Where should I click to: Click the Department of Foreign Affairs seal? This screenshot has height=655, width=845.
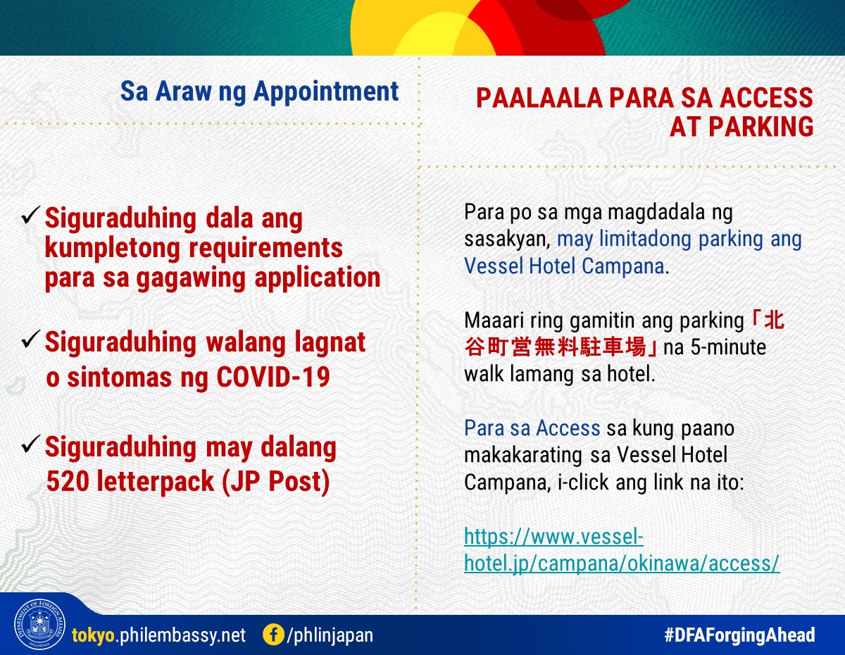39,624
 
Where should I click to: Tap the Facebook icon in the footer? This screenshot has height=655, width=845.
273,635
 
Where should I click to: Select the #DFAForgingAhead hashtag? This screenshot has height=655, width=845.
739,635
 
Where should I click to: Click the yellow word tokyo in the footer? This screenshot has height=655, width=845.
93,635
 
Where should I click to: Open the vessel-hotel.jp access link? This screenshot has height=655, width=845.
622,550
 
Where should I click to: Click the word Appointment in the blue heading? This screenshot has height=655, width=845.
326,92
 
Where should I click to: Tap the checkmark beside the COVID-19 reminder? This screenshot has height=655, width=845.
31,339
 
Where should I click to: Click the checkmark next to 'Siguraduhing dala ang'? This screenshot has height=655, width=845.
31,215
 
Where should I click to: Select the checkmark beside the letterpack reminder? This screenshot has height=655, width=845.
31,444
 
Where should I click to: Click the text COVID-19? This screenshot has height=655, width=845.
273,377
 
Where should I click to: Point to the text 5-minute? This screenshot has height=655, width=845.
728,347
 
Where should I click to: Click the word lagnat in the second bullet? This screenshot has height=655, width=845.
330,343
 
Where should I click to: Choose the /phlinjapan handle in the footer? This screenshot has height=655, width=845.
330,635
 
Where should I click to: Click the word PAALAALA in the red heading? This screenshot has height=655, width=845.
539,98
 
